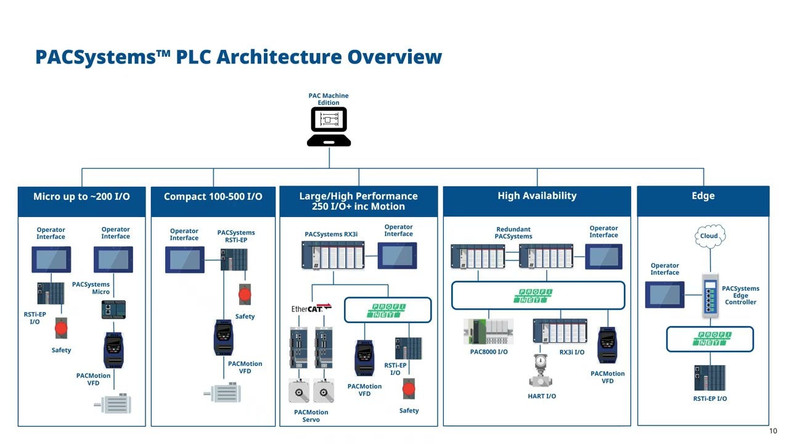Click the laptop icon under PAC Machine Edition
tap(329, 127)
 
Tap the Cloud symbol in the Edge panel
tap(709, 236)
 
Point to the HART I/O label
tap(542, 396)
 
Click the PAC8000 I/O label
tap(489, 352)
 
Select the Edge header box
tap(703, 196)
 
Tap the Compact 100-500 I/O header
tap(213, 197)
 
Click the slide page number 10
tap(773, 430)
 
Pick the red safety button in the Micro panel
tap(61, 328)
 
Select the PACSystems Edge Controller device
tap(711, 295)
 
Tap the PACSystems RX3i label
tap(331, 234)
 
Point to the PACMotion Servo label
tap(311, 416)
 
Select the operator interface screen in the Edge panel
tap(664, 294)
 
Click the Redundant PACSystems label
tap(513, 232)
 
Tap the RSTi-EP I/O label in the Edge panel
tap(709, 398)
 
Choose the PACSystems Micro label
tap(91, 288)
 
